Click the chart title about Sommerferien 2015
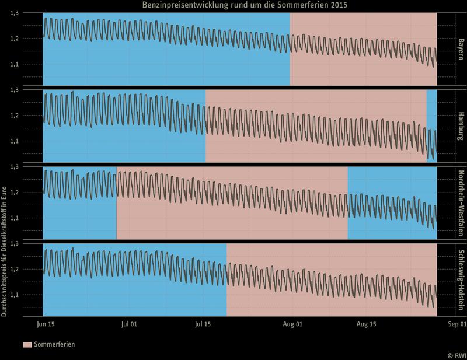248,5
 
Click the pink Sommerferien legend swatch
27,345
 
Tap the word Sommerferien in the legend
54,345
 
